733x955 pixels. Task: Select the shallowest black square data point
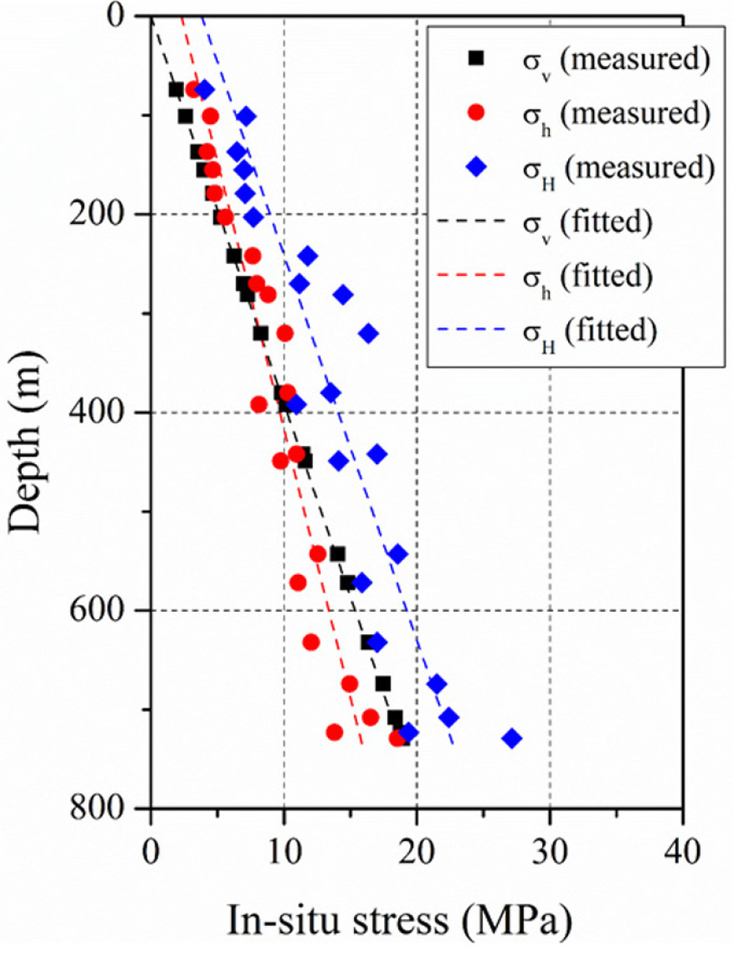176,89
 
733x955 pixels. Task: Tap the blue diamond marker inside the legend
476,167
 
